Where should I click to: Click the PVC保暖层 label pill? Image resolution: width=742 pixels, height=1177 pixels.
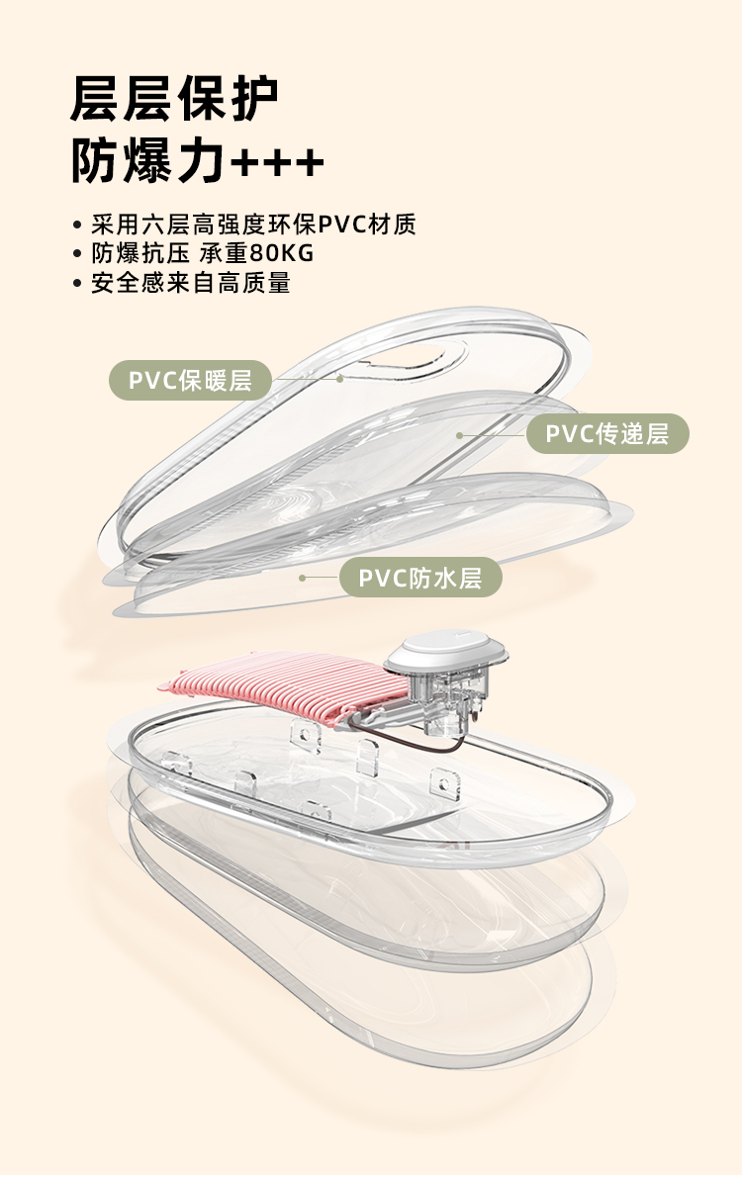tap(190, 380)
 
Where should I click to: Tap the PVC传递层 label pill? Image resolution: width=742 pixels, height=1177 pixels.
tap(607, 433)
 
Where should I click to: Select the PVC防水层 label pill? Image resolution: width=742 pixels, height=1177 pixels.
tap(420, 578)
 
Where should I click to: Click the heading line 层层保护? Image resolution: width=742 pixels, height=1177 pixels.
tap(174, 100)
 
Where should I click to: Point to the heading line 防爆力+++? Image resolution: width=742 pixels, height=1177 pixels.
tap(197, 162)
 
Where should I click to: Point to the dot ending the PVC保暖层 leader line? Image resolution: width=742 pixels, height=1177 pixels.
tap(339, 378)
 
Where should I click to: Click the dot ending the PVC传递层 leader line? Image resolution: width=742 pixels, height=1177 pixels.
tap(459, 434)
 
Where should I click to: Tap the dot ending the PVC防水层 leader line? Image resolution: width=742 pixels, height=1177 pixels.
tap(302, 578)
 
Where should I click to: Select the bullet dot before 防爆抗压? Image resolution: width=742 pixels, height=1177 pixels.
tap(77, 254)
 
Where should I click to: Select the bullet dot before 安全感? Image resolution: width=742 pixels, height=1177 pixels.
tap(77, 284)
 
